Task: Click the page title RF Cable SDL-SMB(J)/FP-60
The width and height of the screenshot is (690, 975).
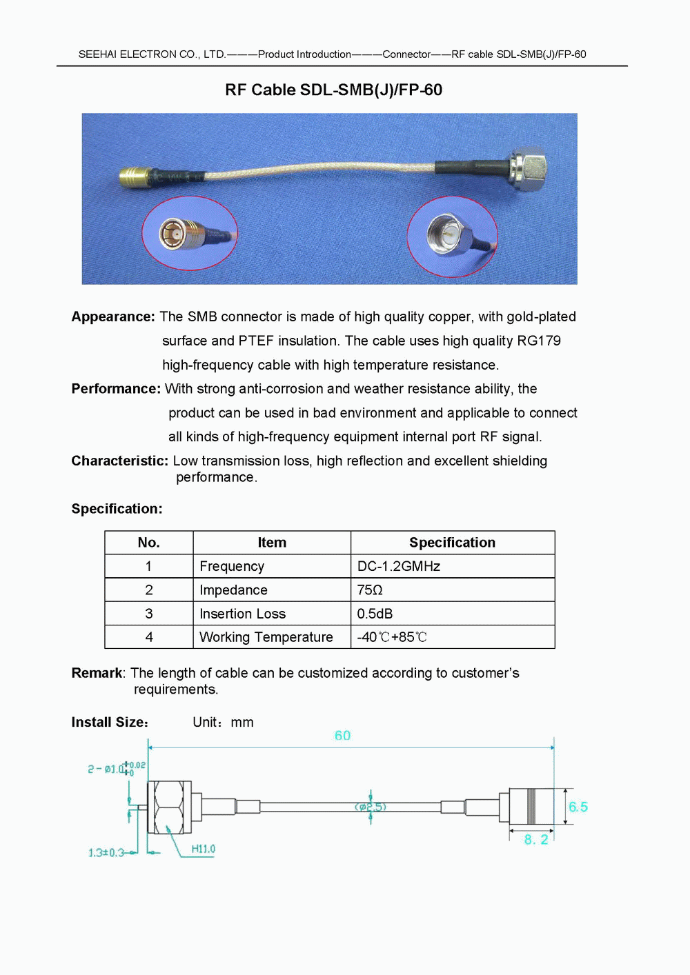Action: [x=333, y=90]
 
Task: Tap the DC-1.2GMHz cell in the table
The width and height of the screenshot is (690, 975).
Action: [x=398, y=566]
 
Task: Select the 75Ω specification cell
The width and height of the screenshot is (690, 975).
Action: [x=370, y=590]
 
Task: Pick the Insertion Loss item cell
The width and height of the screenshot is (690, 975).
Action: [x=242, y=614]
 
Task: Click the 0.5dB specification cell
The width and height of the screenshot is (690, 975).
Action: [x=375, y=614]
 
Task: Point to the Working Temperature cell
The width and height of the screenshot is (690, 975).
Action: [x=266, y=637]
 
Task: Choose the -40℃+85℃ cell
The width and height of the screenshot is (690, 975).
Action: [x=391, y=637]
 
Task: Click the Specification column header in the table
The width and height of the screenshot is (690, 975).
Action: [x=452, y=543]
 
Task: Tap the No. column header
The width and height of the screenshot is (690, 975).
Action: [x=148, y=543]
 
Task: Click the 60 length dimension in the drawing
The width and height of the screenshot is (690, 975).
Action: [x=342, y=736]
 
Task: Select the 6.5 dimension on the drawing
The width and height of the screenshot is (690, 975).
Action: [x=578, y=807]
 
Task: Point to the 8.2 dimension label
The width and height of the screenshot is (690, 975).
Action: [x=536, y=839]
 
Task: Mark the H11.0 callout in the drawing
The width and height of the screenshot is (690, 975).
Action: [x=203, y=849]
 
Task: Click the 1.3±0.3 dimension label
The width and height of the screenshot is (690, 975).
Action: [x=106, y=853]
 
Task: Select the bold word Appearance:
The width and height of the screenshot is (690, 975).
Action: [x=113, y=316]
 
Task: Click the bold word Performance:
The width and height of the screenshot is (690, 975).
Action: [x=116, y=389]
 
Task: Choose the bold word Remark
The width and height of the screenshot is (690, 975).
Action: [x=97, y=673]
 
